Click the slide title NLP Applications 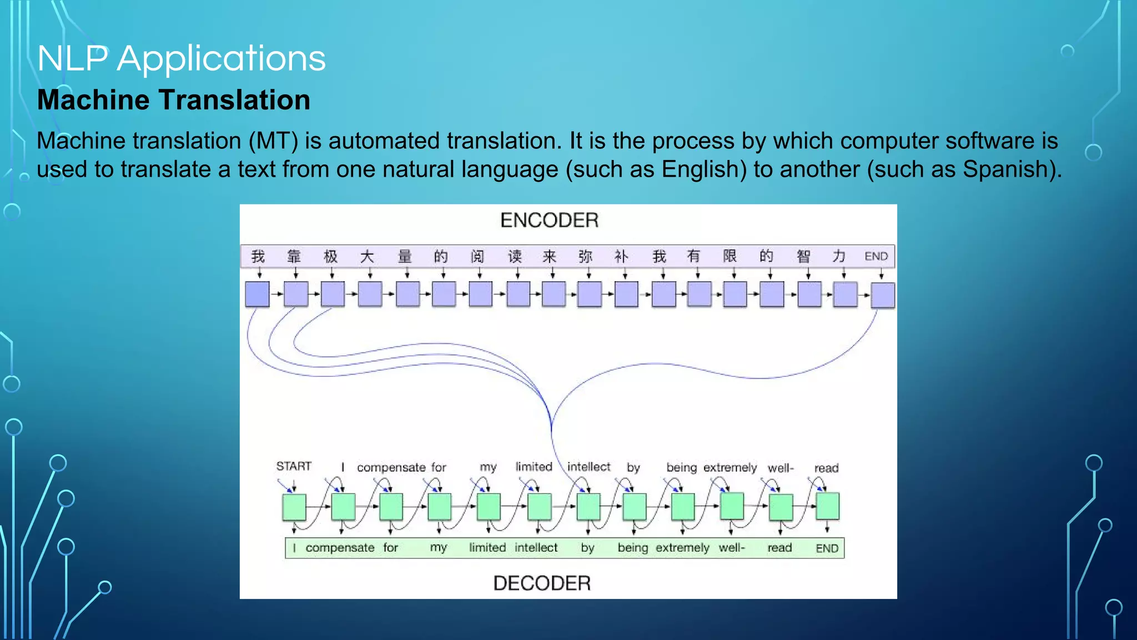tap(182, 58)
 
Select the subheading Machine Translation tap(173, 100)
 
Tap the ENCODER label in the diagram tap(549, 221)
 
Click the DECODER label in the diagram tap(542, 583)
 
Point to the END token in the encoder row tap(876, 256)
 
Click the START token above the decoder tap(294, 466)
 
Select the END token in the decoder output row tap(827, 548)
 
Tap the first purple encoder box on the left tap(257, 294)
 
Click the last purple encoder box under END tap(882, 295)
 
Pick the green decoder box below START tap(294, 507)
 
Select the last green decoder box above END tap(827, 506)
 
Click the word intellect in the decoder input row tap(588, 467)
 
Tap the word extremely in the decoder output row tap(682, 548)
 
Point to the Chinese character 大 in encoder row tap(367, 256)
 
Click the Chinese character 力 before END tap(839, 256)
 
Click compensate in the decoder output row tap(340, 548)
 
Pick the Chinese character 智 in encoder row tap(803, 256)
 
